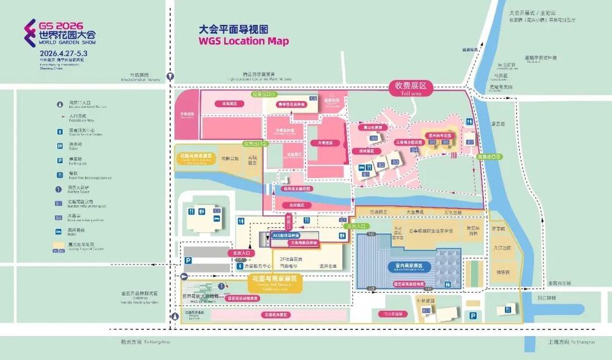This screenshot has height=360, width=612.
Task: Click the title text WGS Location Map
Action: (243, 42)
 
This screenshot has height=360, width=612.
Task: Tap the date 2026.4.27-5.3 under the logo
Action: (63, 53)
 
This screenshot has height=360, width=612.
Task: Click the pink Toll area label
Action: (410, 89)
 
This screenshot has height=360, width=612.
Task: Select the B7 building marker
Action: (470, 142)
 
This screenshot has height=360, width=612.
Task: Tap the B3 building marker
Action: (395, 162)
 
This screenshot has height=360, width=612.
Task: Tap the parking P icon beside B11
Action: (472, 315)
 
